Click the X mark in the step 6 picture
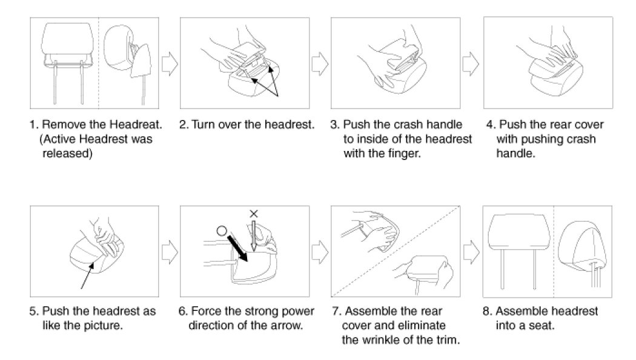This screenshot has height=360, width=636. click(x=254, y=213)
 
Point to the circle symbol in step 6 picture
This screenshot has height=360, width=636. click(x=222, y=231)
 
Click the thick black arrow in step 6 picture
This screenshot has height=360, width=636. click(x=239, y=248)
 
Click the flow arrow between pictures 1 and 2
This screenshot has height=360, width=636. click(x=170, y=64)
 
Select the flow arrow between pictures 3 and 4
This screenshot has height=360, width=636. click(x=471, y=64)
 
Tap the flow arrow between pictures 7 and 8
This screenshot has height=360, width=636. click(x=472, y=252)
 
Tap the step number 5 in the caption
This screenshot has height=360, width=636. click(x=33, y=312)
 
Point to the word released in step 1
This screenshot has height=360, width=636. click(x=67, y=154)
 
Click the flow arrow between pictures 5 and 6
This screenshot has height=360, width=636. click(x=170, y=252)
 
